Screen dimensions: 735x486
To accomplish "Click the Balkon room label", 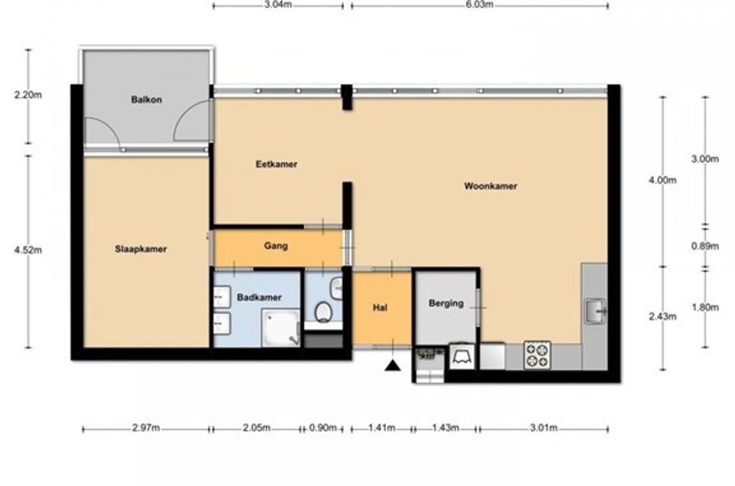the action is tap(146, 100).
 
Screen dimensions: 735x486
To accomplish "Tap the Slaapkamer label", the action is tap(141, 249).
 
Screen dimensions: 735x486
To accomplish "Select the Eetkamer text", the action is tap(277, 164).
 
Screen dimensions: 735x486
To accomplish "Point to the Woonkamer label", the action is tap(490, 186).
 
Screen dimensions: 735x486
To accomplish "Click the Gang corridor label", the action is tap(275, 246).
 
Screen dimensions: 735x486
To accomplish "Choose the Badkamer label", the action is tap(259, 297).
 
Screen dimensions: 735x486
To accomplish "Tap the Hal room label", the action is tap(380, 308).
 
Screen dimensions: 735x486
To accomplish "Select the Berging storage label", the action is tap(446, 303).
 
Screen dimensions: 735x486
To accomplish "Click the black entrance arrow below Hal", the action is tap(393, 365).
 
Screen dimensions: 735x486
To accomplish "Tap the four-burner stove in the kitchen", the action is tap(537, 355).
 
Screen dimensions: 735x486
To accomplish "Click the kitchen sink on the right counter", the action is tap(595, 311).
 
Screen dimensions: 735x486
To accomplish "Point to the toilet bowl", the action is tap(323, 311).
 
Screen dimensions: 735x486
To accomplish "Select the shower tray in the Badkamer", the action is tap(281, 327).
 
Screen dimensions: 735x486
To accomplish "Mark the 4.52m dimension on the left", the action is tap(28, 250).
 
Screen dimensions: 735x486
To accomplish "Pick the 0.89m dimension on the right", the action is tap(705, 246).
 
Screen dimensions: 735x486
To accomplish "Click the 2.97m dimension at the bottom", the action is tap(145, 428).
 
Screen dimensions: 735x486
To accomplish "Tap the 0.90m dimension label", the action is tap(323, 428).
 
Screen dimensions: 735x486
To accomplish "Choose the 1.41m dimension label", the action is tap(382, 428).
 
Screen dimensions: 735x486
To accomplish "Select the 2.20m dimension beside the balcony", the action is tap(28, 95).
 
